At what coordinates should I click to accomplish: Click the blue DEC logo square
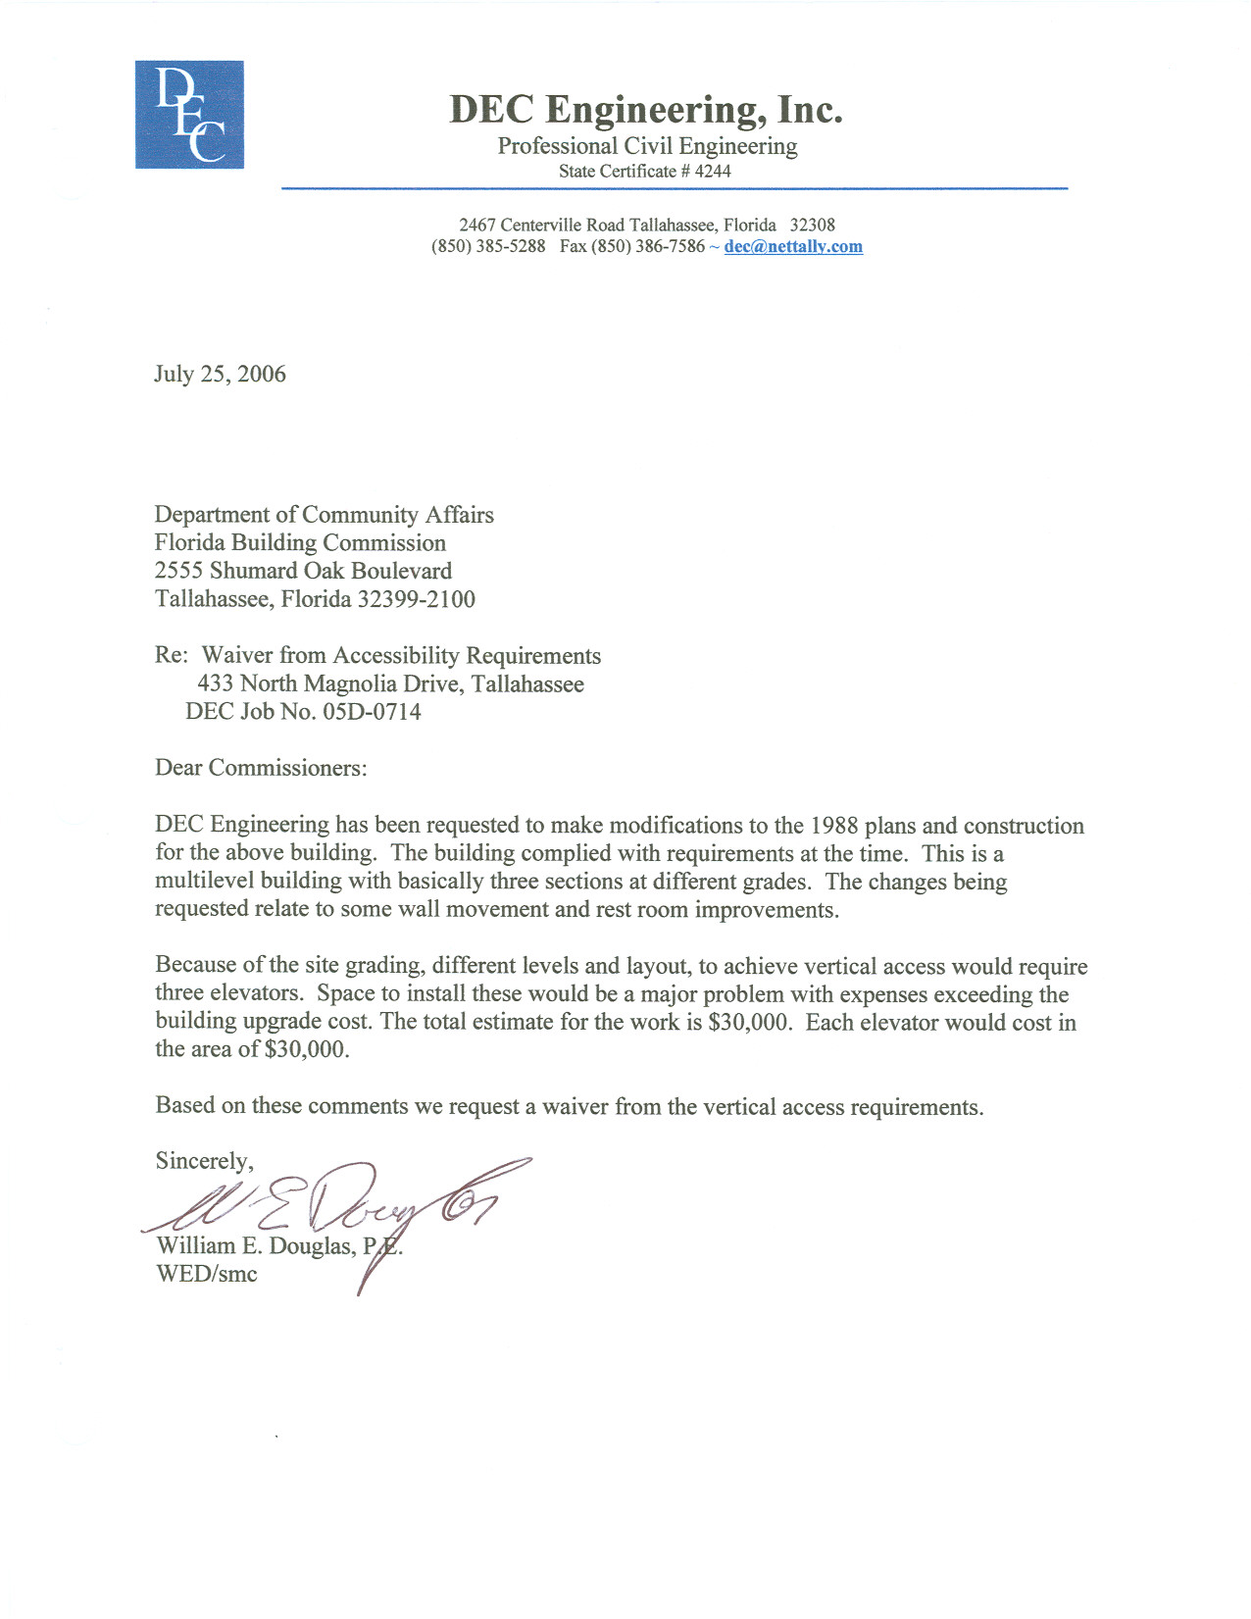pyautogui.click(x=189, y=115)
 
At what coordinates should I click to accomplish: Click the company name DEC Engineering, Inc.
pyautogui.click(x=645, y=109)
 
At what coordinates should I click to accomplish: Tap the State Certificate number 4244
pyautogui.click(x=713, y=172)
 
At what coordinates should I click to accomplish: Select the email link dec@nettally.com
pyautogui.click(x=793, y=247)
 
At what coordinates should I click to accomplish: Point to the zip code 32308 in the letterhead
pyautogui.click(x=813, y=225)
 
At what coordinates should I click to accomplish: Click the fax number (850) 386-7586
pyautogui.click(x=648, y=247)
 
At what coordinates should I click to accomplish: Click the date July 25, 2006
pyautogui.click(x=220, y=375)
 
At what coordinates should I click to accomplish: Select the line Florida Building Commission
pyautogui.click(x=300, y=543)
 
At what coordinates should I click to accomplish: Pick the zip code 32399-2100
pyautogui.click(x=416, y=599)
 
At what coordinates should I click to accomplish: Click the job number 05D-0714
pyautogui.click(x=372, y=712)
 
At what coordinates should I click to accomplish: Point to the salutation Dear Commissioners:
pyautogui.click(x=261, y=768)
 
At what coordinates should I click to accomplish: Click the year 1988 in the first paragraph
pyautogui.click(x=834, y=826)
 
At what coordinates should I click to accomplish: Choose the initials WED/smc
pyautogui.click(x=206, y=1275)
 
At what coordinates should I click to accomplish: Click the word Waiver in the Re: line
pyautogui.click(x=237, y=656)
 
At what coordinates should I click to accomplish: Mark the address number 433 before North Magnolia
pyautogui.click(x=216, y=683)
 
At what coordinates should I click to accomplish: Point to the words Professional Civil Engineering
pyautogui.click(x=647, y=147)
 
